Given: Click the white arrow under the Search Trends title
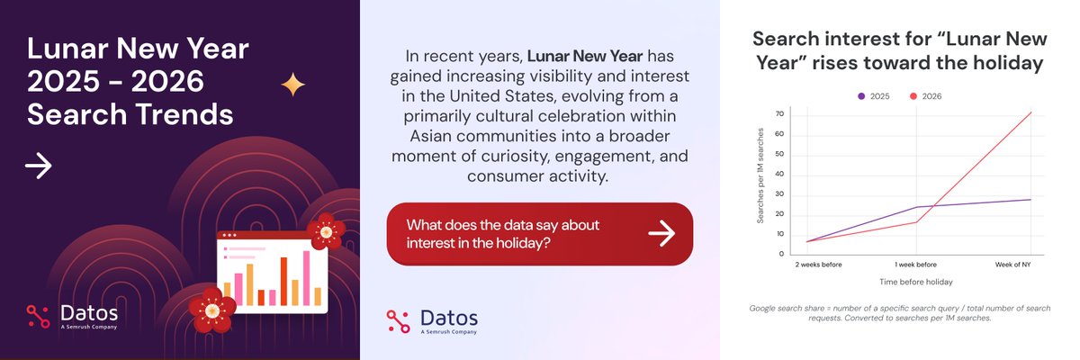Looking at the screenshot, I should [x=38, y=166].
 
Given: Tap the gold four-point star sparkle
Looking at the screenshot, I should [x=292, y=85].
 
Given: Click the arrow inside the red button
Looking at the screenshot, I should [x=661, y=233].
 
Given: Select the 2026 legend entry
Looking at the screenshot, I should [x=927, y=95].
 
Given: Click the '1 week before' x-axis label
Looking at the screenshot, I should [x=915, y=265].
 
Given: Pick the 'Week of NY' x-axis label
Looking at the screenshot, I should [x=1013, y=265].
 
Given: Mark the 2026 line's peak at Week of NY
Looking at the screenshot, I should [x=1030, y=112].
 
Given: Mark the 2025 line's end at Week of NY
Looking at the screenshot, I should [x=1030, y=200].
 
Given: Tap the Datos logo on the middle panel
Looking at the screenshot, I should [x=432, y=320].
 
